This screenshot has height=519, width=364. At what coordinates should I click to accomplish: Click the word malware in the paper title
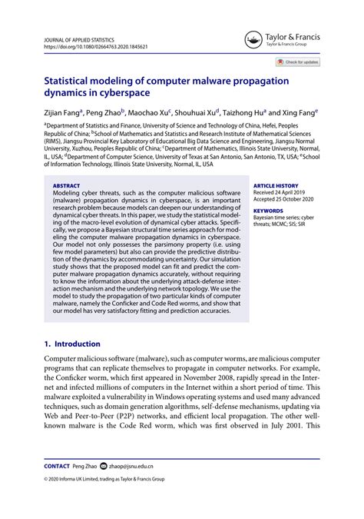196,80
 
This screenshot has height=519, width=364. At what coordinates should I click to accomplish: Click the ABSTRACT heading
66,185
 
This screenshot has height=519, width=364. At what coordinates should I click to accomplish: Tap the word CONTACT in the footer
57,466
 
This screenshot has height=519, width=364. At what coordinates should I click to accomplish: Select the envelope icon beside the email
104,466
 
